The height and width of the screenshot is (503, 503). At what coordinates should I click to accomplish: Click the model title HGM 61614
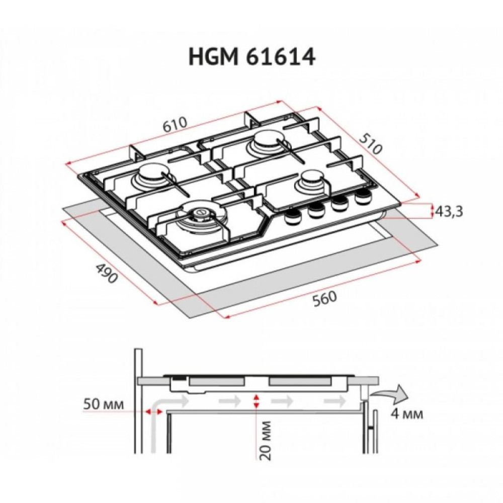click(251, 57)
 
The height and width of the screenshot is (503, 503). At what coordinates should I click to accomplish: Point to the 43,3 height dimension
click(449, 212)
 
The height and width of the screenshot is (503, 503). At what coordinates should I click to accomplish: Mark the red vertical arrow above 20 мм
click(257, 401)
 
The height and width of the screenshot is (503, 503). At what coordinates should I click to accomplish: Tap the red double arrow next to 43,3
click(432, 211)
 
